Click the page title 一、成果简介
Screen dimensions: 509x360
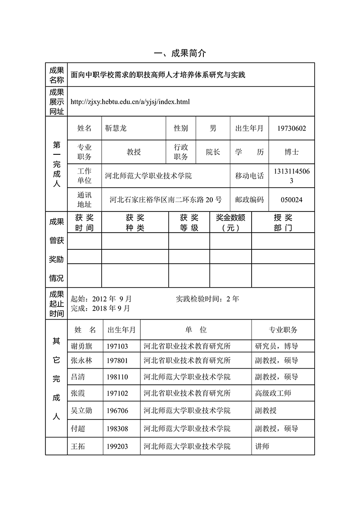(180, 54)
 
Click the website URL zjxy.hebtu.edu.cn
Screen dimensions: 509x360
(130, 102)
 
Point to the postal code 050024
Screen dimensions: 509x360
(291, 199)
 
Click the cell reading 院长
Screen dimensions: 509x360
(213, 152)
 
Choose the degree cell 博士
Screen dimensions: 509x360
(291, 152)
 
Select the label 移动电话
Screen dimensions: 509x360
(249, 176)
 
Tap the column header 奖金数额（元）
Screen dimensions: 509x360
(230, 223)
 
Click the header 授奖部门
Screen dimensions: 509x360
(283, 223)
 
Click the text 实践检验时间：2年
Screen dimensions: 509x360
(207, 298)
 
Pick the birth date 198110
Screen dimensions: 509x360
(117, 377)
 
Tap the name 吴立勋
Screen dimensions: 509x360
(81, 410)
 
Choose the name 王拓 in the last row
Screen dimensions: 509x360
(78, 446)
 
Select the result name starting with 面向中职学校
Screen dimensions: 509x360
(158, 75)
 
